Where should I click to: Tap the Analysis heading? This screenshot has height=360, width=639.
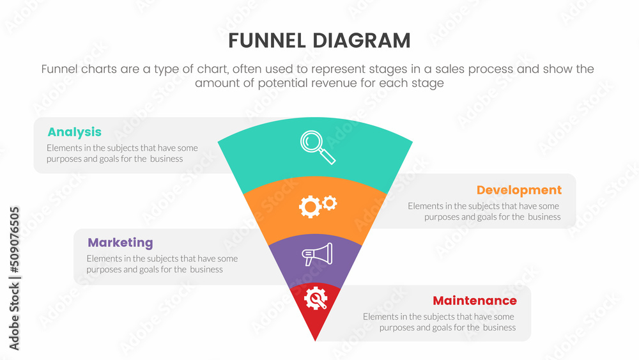coord(74,132)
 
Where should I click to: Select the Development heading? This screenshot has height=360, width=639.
coord(519,190)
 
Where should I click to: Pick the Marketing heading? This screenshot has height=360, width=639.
coord(120,243)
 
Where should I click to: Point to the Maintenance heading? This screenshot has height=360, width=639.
coord(475,301)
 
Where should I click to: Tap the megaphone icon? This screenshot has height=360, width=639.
coord(318,254)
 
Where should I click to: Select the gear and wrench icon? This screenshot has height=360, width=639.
coord(316,298)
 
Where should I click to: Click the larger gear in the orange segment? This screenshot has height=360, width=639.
coord(310,207)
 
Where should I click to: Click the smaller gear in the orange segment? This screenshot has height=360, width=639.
coord(330,203)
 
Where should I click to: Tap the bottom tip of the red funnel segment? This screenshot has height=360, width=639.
coord(316,340)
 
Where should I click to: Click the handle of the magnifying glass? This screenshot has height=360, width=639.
coord(327,155)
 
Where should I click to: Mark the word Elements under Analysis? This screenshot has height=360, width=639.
coord(64,148)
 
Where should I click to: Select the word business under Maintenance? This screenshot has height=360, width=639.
coord(499,327)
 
